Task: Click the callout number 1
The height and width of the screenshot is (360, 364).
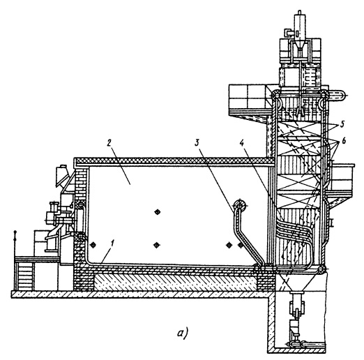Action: point(113,245)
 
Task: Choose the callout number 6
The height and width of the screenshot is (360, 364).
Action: point(343,141)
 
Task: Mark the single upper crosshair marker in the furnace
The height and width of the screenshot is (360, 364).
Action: point(158,211)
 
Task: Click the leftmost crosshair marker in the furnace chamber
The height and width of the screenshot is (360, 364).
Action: point(93,244)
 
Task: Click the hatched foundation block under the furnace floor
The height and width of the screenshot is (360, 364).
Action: point(176,282)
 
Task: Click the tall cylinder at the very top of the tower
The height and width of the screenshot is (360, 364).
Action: point(300,26)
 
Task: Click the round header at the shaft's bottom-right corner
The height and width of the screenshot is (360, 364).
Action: point(322,269)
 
